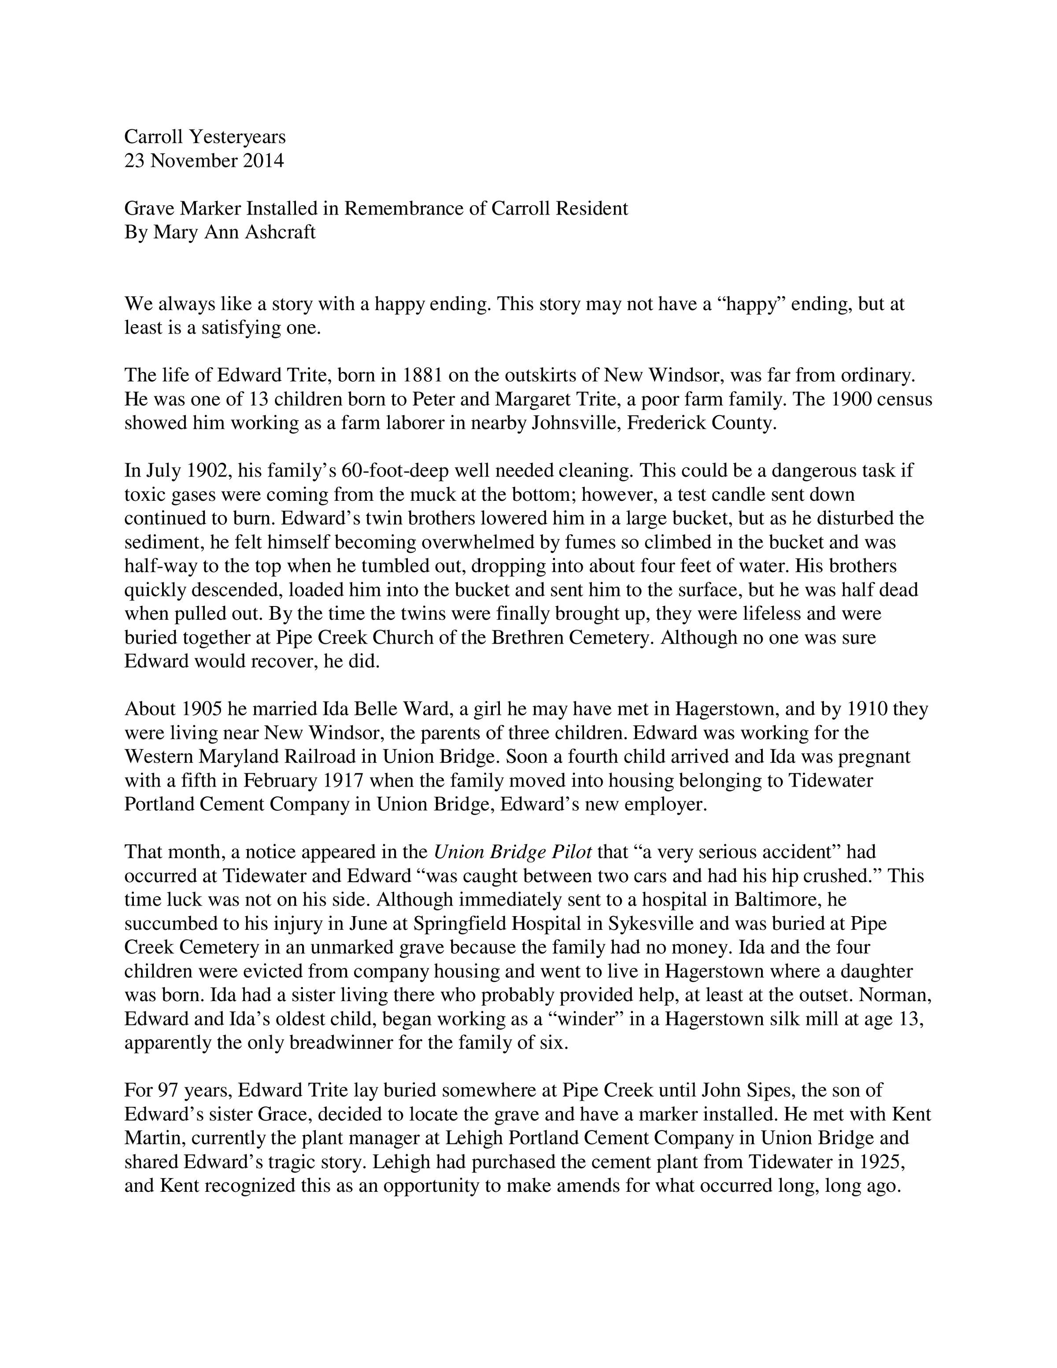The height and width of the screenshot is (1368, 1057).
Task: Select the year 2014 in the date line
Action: tap(263, 161)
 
